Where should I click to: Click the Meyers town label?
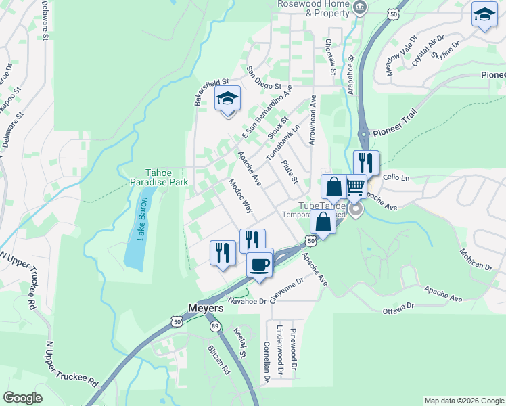[x=204, y=308]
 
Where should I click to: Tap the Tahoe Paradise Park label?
[x=156, y=177]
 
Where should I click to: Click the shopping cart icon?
[x=356, y=186]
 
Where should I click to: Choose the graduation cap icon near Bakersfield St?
[x=228, y=100]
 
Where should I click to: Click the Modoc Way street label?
[x=240, y=196]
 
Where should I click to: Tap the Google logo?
[x=23, y=398]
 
